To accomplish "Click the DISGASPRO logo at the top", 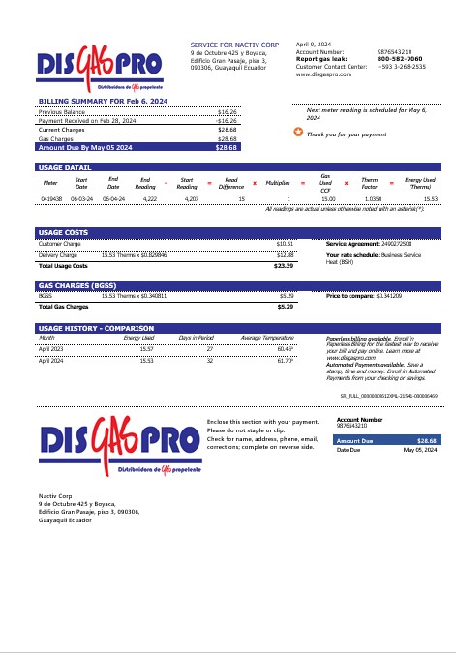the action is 107,67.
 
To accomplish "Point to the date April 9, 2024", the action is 314,45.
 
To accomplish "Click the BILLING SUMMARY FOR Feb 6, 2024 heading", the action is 88,101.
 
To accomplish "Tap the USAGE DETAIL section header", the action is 64,168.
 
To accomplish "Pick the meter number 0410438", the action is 51,197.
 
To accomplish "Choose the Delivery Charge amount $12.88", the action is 285,253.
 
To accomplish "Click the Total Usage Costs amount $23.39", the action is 284,265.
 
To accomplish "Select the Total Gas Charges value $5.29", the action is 286,306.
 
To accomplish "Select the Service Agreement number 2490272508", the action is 404,244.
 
